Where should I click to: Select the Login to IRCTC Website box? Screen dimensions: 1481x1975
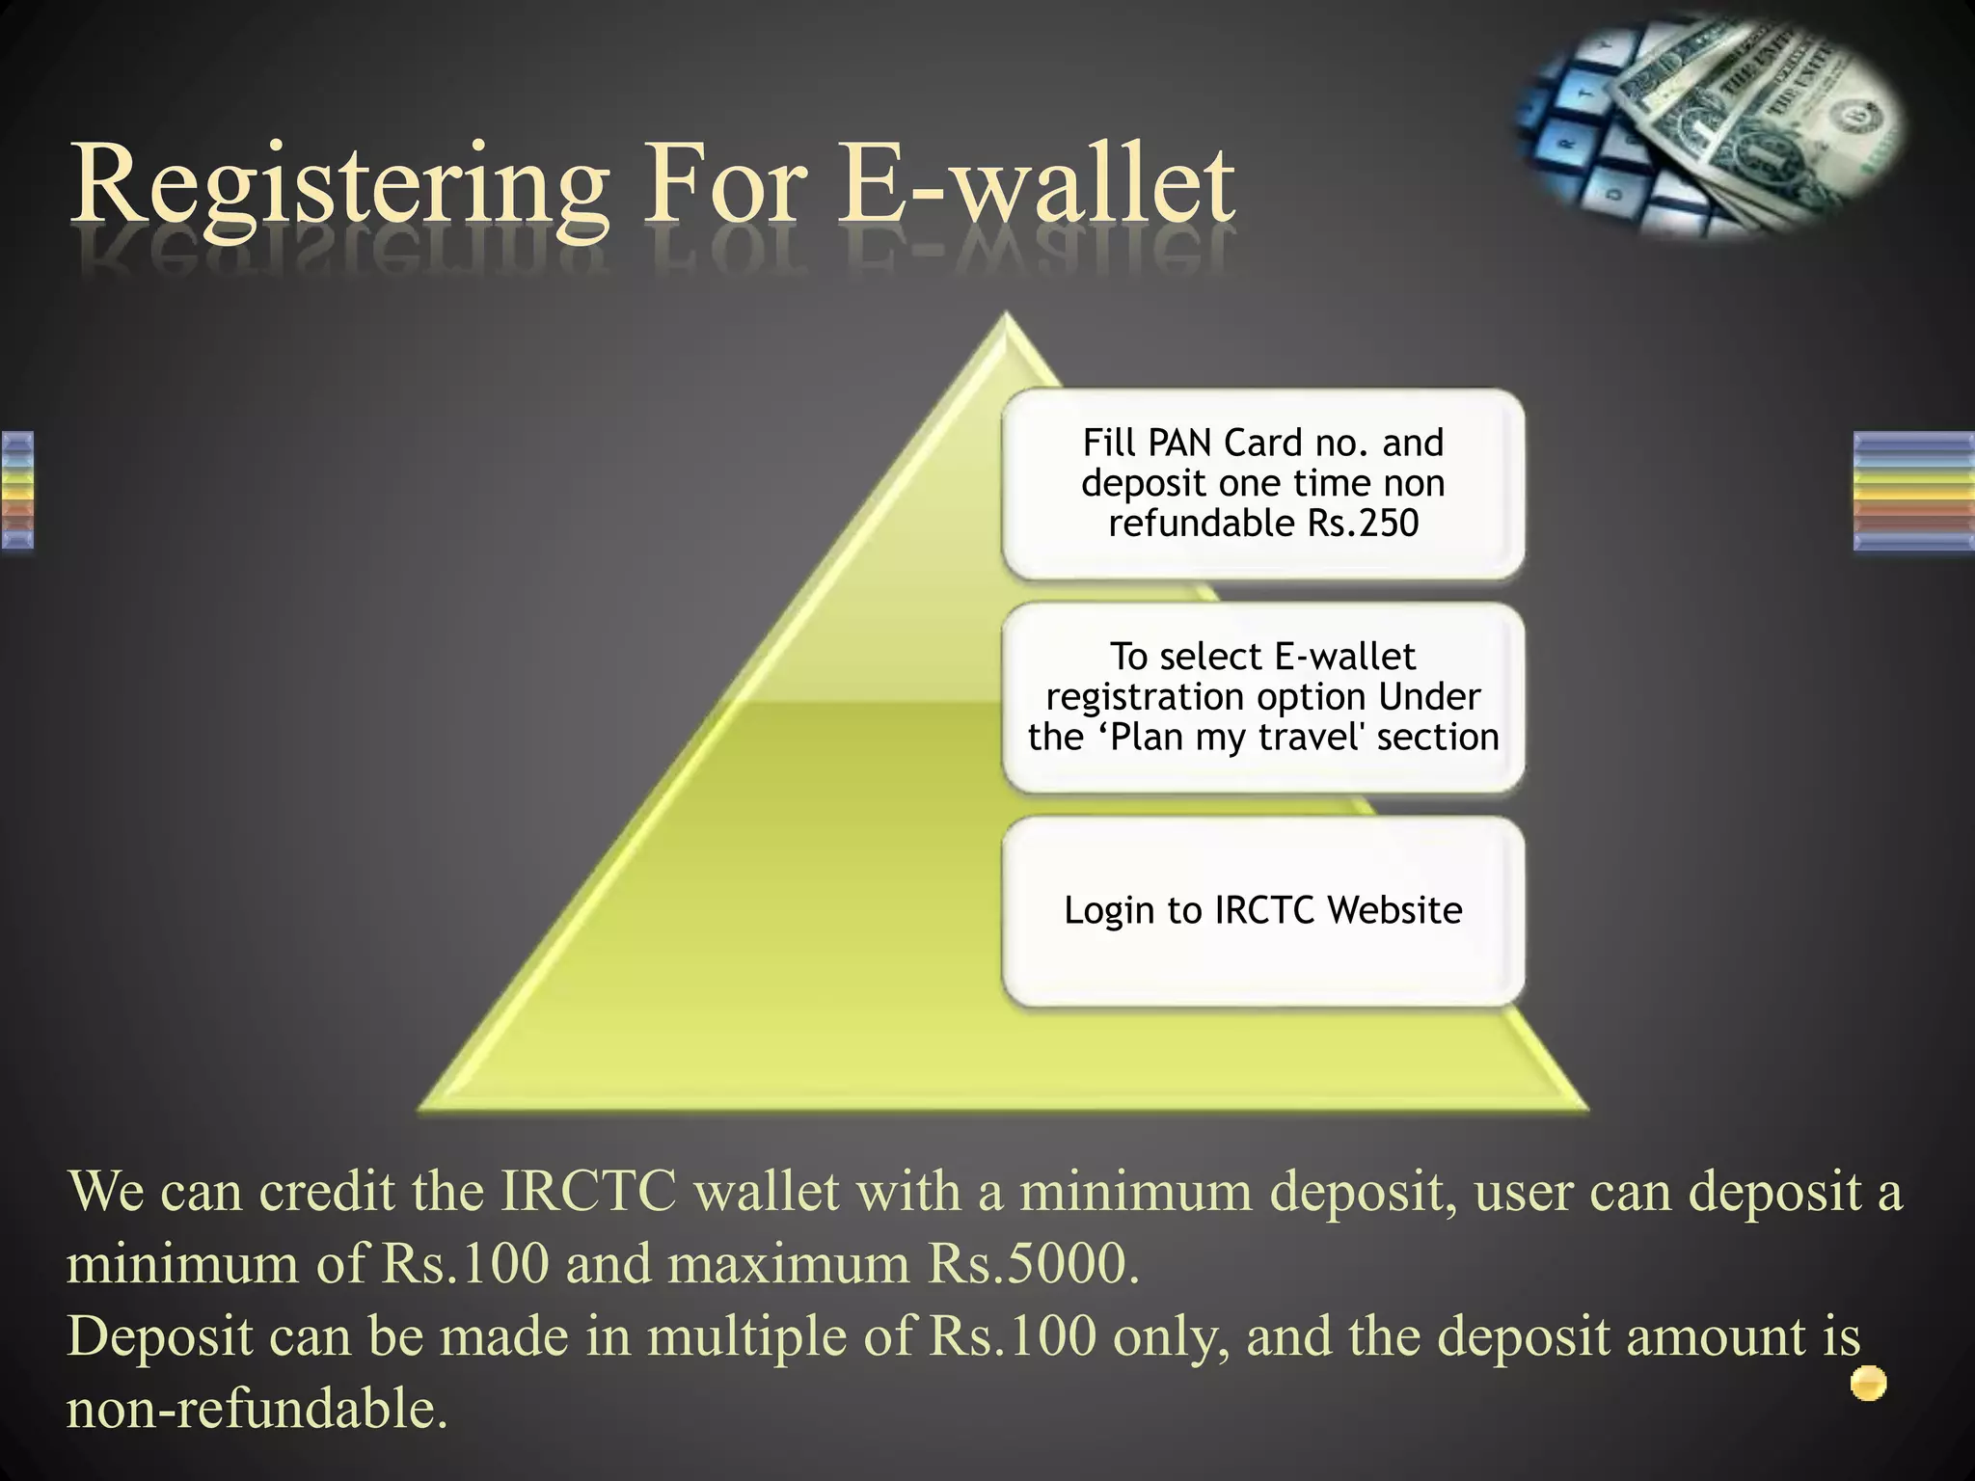(x=1262, y=911)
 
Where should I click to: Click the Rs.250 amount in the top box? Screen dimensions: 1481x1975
(x=1363, y=524)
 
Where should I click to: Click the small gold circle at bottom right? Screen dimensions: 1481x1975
(x=1868, y=1384)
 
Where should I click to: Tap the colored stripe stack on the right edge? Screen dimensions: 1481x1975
(x=1913, y=492)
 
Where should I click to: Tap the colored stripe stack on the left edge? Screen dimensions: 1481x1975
(x=17, y=492)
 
